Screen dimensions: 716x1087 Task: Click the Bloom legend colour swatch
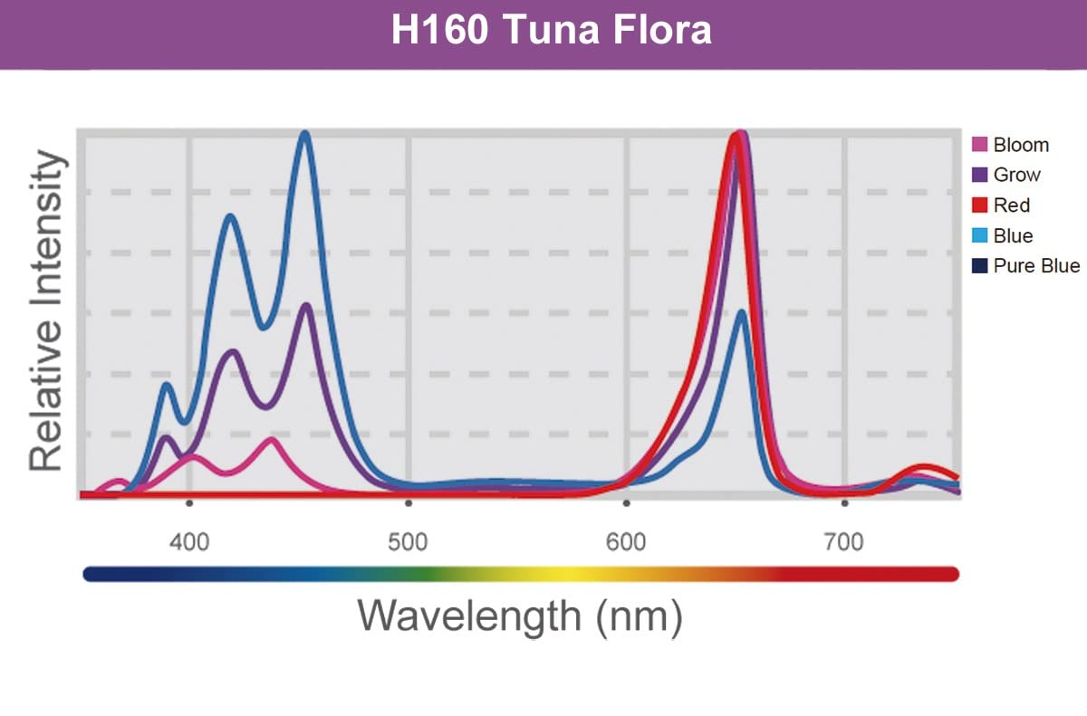pyautogui.click(x=978, y=145)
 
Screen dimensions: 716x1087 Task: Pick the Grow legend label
pyautogui.click(x=1016, y=175)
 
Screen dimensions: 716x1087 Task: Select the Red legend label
pyautogui.click(x=1012, y=205)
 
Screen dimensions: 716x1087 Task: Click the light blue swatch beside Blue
pyautogui.click(x=978, y=235)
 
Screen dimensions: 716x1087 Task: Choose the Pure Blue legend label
pyautogui.click(x=1036, y=266)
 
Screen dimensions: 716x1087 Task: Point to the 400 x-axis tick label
pyautogui.click(x=189, y=543)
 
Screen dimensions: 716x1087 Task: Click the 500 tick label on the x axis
pyautogui.click(x=409, y=543)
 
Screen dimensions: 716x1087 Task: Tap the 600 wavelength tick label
pyautogui.click(x=626, y=543)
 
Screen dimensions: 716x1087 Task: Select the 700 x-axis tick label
pyautogui.click(x=844, y=543)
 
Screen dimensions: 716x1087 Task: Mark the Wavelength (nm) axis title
pyautogui.click(x=519, y=616)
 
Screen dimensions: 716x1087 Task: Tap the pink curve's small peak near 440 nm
pyautogui.click(x=271, y=440)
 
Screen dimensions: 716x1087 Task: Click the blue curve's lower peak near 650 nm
pyautogui.click(x=741, y=312)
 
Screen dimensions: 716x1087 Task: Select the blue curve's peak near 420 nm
pyautogui.click(x=230, y=216)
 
